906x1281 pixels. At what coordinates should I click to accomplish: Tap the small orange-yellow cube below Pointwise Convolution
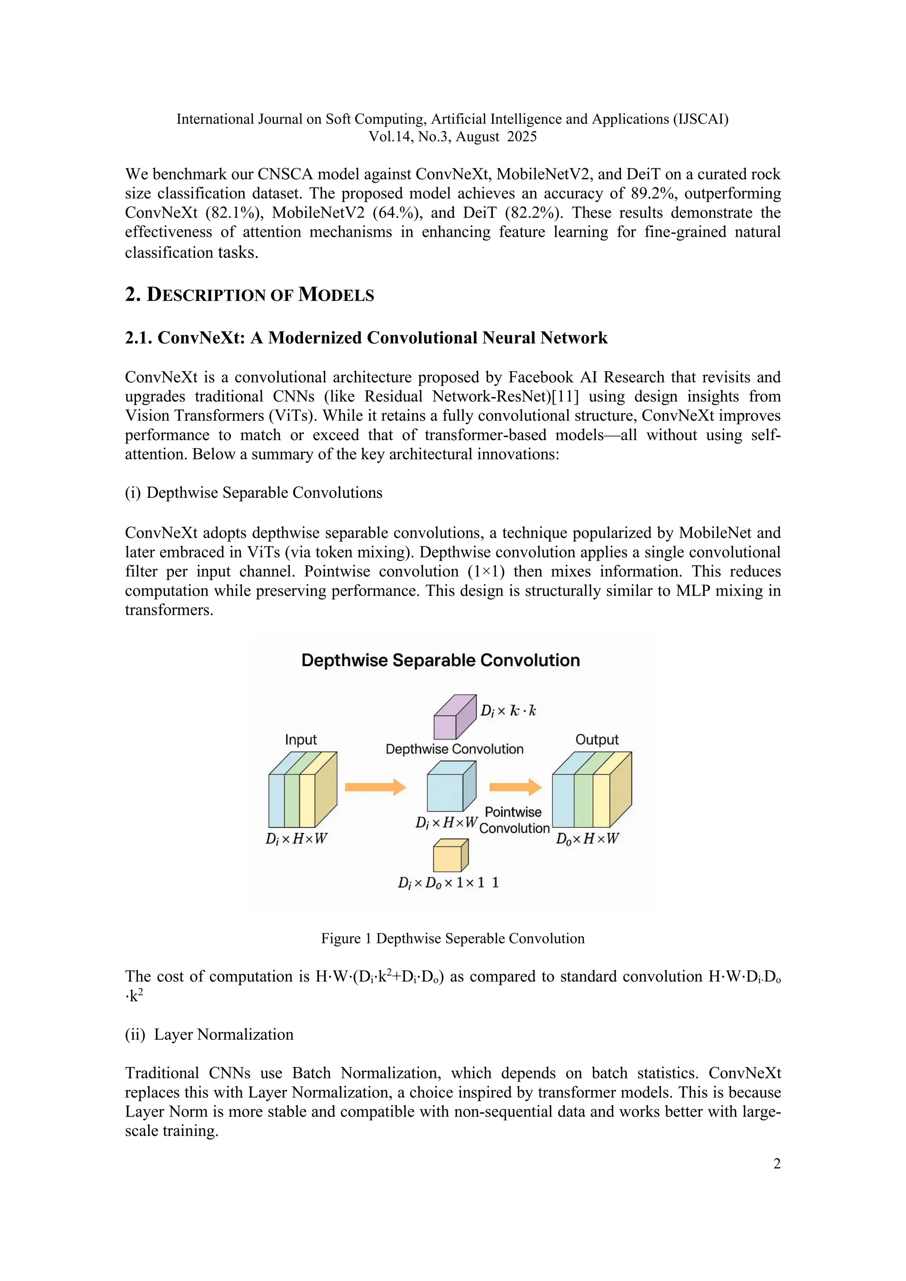(x=449, y=856)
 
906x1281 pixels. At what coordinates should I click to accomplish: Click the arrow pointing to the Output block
(x=515, y=787)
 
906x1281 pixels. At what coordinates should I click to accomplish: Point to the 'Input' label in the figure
(x=301, y=740)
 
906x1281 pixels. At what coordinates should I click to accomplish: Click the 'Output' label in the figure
(x=596, y=740)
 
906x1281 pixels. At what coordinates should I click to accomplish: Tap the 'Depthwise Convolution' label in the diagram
(x=454, y=749)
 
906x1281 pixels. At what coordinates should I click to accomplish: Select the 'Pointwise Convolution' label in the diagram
(x=513, y=820)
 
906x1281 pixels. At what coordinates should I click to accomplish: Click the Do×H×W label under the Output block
(x=587, y=839)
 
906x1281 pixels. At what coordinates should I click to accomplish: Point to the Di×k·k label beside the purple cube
(x=508, y=711)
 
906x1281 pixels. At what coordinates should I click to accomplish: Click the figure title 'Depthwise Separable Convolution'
(x=440, y=660)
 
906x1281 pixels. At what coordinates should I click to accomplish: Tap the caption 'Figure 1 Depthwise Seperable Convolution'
(x=453, y=939)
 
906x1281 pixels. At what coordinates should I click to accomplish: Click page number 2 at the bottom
(x=776, y=1164)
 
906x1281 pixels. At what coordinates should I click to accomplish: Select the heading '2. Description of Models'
(x=250, y=295)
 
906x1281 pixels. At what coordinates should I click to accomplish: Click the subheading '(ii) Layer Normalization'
(x=209, y=1034)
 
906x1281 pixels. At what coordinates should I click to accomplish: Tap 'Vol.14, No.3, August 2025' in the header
(x=453, y=137)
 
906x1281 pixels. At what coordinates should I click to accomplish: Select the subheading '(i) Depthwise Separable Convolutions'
(x=254, y=493)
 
